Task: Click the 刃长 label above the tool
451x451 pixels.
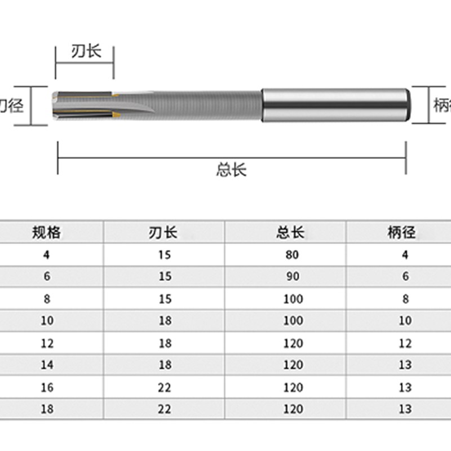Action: (x=86, y=52)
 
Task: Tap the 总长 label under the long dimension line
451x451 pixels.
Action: (x=231, y=170)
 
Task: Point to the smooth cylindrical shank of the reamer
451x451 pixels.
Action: (x=335, y=106)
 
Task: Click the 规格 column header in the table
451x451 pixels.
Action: (x=47, y=232)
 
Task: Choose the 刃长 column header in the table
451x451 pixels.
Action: (x=163, y=232)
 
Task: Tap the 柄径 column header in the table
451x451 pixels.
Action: (x=401, y=232)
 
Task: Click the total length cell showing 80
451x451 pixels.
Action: (x=292, y=255)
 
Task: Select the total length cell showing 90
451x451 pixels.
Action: (x=292, y=277)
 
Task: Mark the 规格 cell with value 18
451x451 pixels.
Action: (x=47, y=409)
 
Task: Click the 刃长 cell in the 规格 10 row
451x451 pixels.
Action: (x=165, y=321)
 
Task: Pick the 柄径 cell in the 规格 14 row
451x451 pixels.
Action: (x=405, y=365)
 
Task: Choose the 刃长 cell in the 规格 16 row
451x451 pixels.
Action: (x=165, y=387)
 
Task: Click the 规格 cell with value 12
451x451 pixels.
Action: (x=47, y=343)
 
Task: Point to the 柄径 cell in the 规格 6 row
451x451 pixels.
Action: (x=405, y=277)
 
